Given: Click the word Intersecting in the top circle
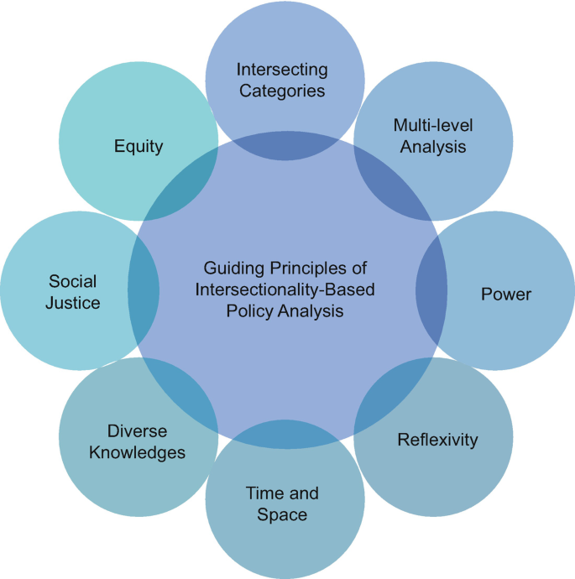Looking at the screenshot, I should pos(282,69).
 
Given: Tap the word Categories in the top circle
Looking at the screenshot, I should pos(282,90).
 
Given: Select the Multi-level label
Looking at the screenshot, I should pos(433,125).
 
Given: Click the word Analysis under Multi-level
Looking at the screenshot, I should pos(433,146).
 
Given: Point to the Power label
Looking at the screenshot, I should pos(506,294).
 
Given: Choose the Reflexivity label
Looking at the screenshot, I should pos(437,440).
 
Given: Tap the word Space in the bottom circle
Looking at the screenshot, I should pos(282,514).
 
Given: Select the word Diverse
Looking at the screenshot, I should pos(138,431).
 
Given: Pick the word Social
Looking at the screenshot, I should pos(72,281).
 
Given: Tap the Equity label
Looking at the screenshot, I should pos(139,146).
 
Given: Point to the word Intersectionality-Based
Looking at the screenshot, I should pos(286,289).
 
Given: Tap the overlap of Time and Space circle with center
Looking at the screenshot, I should pos(287,436).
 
